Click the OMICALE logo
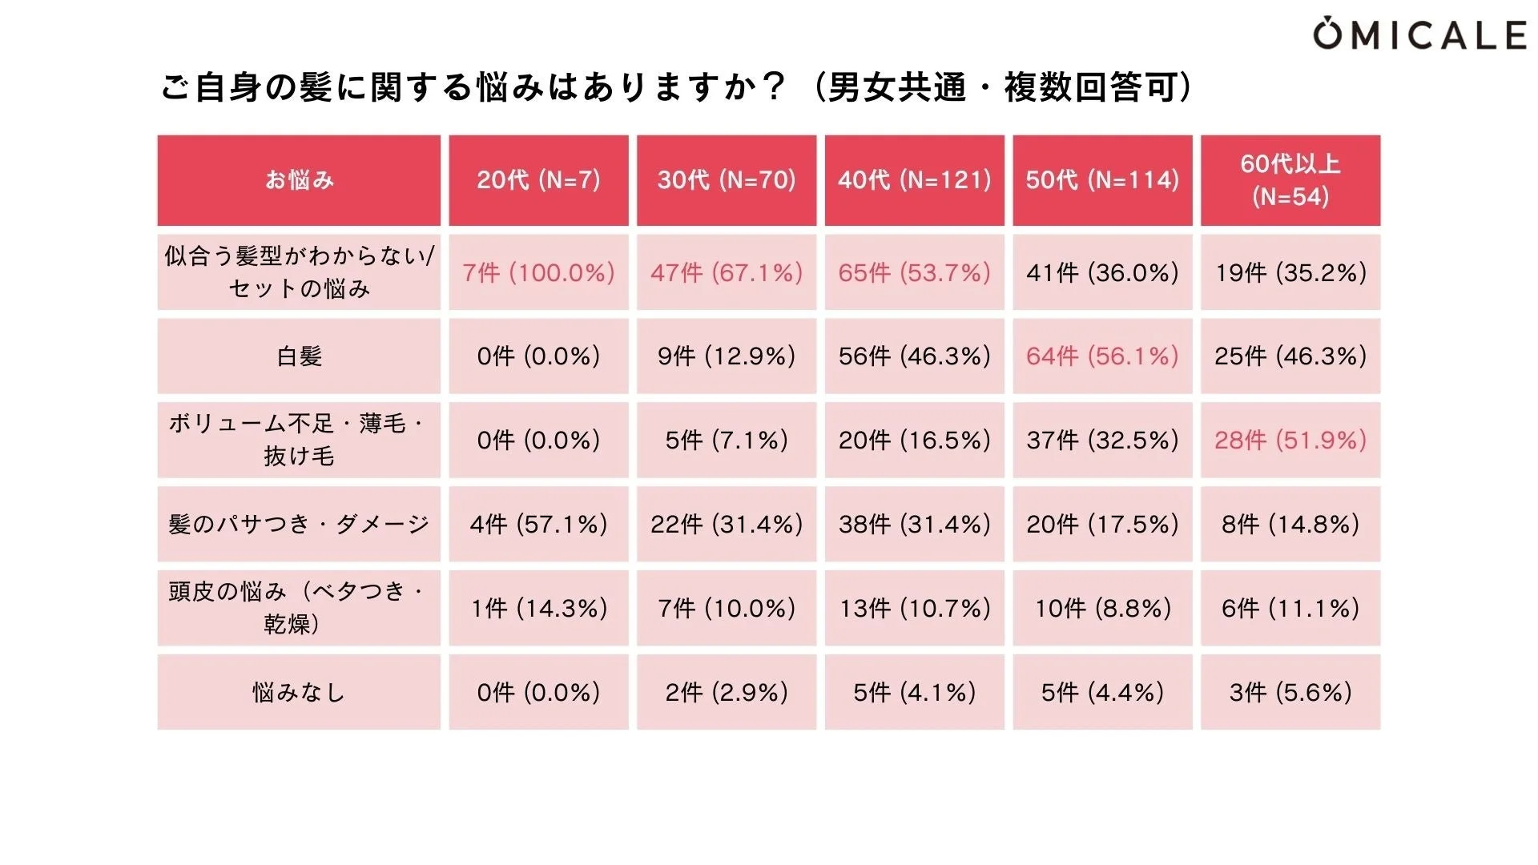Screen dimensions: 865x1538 (x=1419, y=35)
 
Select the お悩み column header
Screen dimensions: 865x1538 (x=299, y=180)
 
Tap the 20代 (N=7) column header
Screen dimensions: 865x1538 (x=538, y=180)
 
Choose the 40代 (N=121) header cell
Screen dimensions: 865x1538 (x=914, y=180)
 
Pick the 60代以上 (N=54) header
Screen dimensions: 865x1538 (x=1290, y=180)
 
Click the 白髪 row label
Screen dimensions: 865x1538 (x=299, y=356)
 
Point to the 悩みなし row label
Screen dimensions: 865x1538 (x=299, y=692)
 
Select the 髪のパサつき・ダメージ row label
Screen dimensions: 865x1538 (x=299, y=524)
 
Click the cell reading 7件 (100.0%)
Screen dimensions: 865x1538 (x=538, y=272)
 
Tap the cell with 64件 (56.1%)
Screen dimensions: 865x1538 (x=1102, y=356)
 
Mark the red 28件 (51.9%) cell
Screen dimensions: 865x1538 (x=1290, y=440)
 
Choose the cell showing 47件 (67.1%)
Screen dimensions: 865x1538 (x=727, y=272)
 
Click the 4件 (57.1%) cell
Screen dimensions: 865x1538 (x=538, y=524)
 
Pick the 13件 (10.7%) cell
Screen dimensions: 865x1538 (x=914, y=608)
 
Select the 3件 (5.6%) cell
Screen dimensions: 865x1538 (x=1290, y=692)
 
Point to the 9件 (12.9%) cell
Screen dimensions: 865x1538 (x=727, y=356)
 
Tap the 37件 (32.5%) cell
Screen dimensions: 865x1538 (x=1102, y=440)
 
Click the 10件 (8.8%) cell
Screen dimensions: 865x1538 (x=1102, y=608)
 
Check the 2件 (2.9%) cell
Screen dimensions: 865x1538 (x=727, y=692)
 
